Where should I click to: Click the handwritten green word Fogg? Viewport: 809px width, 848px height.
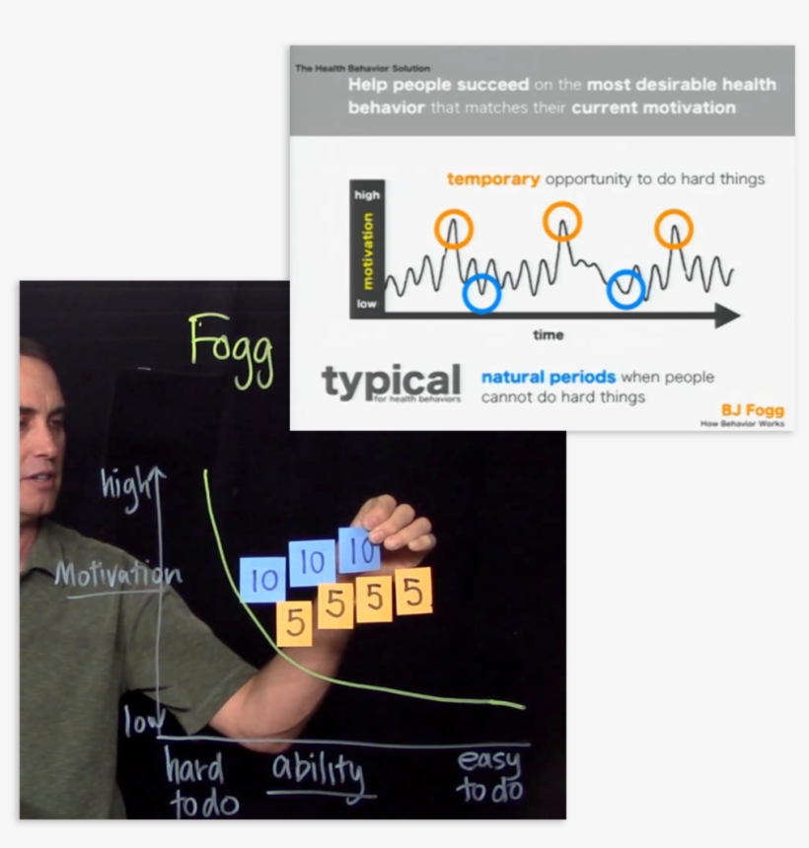[x=231, y=347]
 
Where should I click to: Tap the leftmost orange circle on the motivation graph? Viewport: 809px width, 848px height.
[x=454, y=228]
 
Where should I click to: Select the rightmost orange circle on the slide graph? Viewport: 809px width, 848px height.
[x=674, y=229]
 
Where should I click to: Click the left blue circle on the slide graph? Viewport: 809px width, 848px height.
[x=481, y=293]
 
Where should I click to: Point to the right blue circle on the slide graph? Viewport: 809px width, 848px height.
[x=625, y=289]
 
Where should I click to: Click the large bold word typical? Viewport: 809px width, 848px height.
[x=391, y=382]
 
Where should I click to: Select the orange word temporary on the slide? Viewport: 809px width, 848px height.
[x=493, y=179]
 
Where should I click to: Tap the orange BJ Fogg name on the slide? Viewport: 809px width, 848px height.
[x=753, y=410]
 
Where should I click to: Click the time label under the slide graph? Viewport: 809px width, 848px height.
[x=548, y=335]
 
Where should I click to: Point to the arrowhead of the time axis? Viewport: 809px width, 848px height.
[x=727, y=316]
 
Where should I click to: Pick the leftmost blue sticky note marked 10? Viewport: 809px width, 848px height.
[x=262, y=580]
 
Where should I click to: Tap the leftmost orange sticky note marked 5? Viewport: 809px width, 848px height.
[x=294, y=623]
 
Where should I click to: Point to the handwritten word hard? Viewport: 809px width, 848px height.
[x=194, y=768]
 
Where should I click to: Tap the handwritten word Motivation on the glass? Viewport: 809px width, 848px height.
[x=117, y=575]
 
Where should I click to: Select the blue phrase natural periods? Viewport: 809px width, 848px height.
[x=549, y=377]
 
